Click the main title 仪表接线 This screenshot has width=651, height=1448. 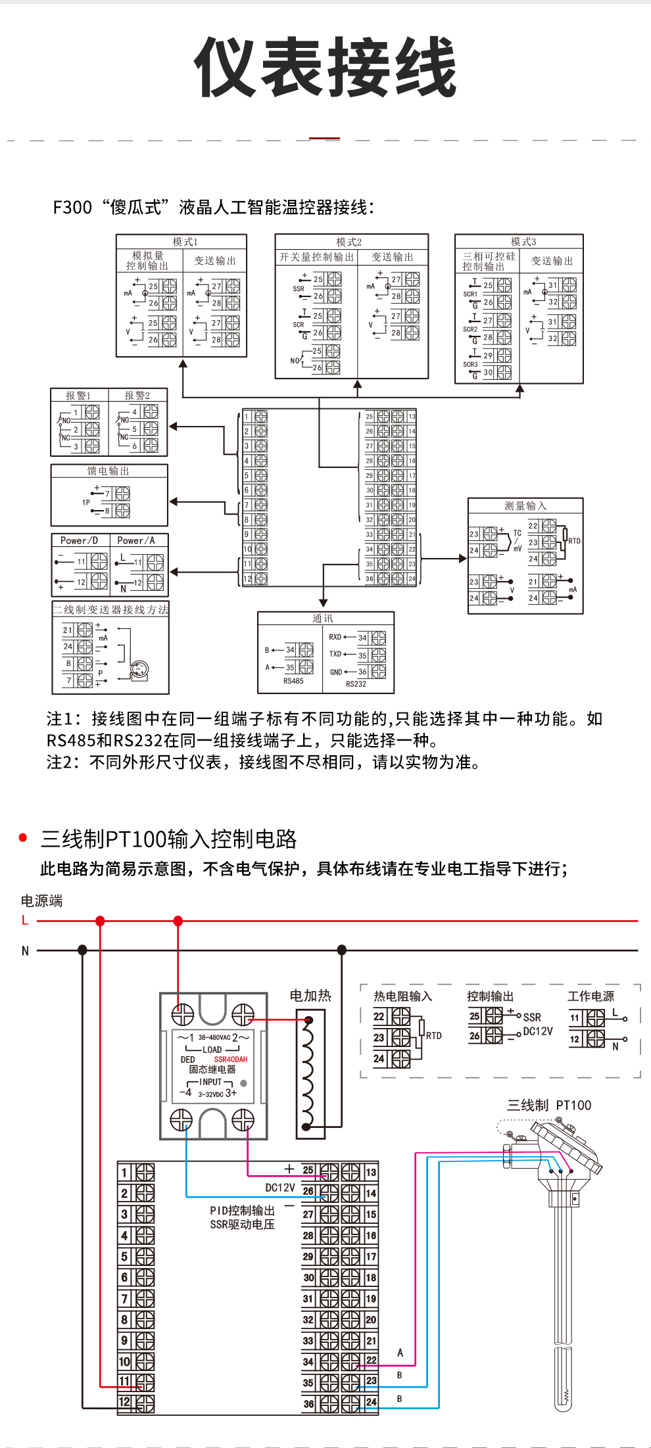click(x=325, y=67)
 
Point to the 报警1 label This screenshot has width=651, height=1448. click(x=78, y=396)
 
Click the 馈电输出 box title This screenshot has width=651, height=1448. click(x=108, y=471)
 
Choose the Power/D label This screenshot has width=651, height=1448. click(x=79, y=540)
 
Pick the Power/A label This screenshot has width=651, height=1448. click(x=136, y=540)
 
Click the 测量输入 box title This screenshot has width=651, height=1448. click(x=525, y=505)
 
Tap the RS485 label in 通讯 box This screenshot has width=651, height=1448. click(x=293, y=681)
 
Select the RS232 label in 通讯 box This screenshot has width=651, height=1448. click(x=356, y=684)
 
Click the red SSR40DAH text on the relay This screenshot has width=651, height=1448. click(x=231, y=1060)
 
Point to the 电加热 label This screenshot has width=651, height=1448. click(x=310, y=996)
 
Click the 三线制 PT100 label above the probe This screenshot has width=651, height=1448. click(x=549, y=1106)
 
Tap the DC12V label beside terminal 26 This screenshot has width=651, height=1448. click(x=280, y=1188)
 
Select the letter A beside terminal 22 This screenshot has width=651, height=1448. click(x=400, y=1353)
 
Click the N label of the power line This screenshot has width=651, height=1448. click(x=26, y=950)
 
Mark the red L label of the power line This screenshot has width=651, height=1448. click(x=25, y=920)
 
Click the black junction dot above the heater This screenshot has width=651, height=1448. click(x=342, y=950)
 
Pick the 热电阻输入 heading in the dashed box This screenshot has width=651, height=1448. click(x=402, y=996)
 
